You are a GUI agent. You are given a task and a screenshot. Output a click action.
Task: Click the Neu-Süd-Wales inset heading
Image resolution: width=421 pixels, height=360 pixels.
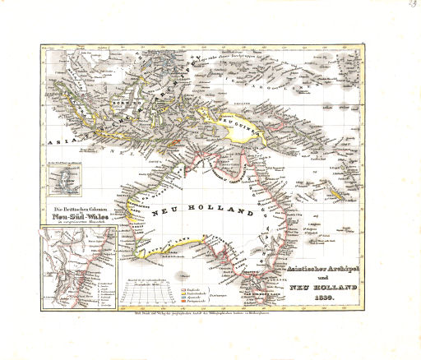click(81, 219)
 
